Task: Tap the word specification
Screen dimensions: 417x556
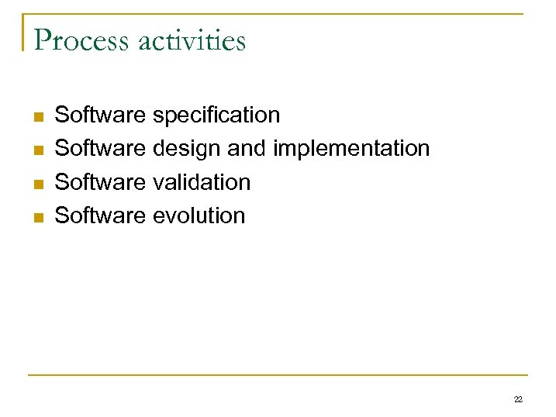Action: (216, 115)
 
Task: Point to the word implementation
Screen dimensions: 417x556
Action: (351, 149)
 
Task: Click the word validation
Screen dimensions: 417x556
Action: (202, 182)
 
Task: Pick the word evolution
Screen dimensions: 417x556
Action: (199, 215)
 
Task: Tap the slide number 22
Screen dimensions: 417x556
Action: (518, 399)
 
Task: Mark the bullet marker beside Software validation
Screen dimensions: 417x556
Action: (36, 184)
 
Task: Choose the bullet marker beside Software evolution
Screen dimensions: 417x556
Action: (36, 217)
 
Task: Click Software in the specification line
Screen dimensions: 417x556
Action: (100, 115)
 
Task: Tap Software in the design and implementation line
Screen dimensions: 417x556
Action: (100, 149)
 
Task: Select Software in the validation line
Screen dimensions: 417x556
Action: (100, 182)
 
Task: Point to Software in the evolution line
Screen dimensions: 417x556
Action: (100, 215)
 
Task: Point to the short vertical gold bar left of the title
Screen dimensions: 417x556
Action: (23, 33)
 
